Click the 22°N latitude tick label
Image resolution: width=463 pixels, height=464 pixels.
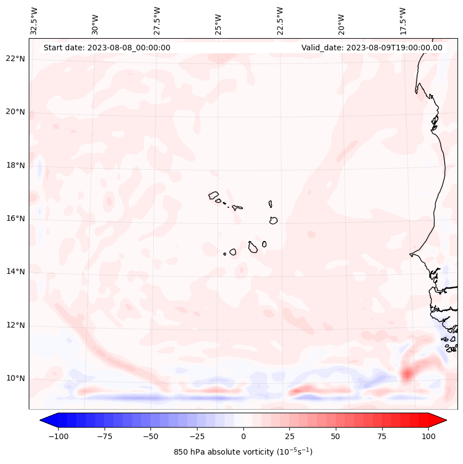coord(15,59)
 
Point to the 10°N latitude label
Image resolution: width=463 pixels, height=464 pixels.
coord(15,379)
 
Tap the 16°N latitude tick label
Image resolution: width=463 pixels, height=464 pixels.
coord(15,218)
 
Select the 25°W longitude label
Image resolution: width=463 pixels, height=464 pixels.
coord(219,20)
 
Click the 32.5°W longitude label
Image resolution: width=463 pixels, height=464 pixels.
coord(34,20)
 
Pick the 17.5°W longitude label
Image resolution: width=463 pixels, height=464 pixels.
coord(403,20)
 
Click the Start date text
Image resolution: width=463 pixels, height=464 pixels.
coord(107,48)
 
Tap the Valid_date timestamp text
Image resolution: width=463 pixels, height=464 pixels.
coord(372,48)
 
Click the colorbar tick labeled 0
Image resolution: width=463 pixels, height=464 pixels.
coord(243,436)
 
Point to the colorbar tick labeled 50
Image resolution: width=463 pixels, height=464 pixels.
coord(336,436)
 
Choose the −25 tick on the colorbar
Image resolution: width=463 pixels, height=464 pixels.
coord(196,436)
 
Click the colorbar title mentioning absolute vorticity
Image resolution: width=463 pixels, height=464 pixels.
coord(243,452)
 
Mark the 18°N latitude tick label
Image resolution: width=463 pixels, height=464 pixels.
coord(15,165)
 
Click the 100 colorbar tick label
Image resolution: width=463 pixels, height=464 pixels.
coord(428,436)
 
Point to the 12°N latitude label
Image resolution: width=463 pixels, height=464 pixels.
coord(15,325)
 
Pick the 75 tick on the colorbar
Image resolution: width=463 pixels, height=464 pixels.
coord(382,436)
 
